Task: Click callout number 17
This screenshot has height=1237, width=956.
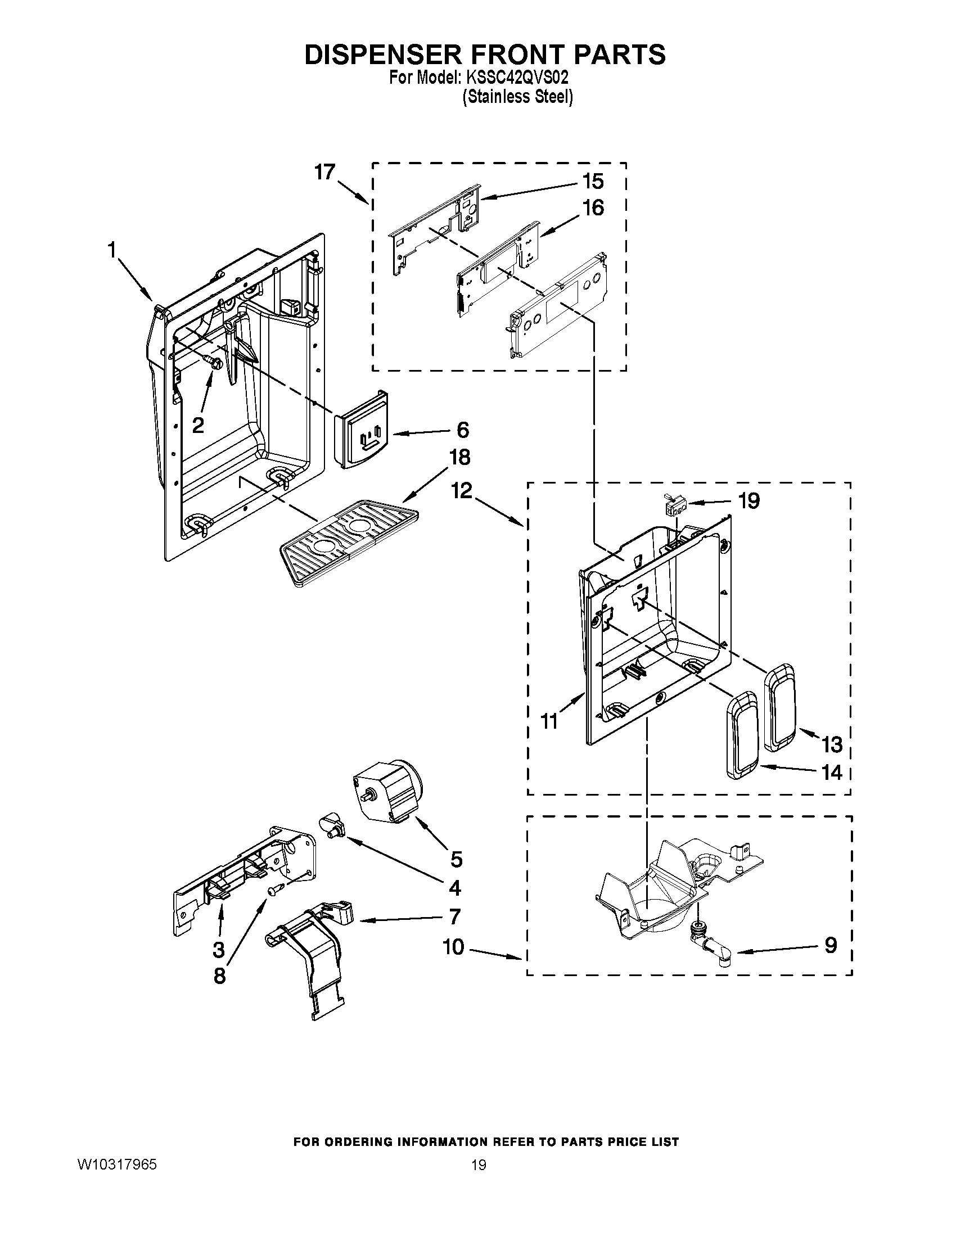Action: pyautogui.click(x=325, y=172)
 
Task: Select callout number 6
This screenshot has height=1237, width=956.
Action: pyautogui.click(x=463, y=430)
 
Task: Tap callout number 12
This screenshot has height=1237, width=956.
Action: pyautogui.click(x=462, y=490)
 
